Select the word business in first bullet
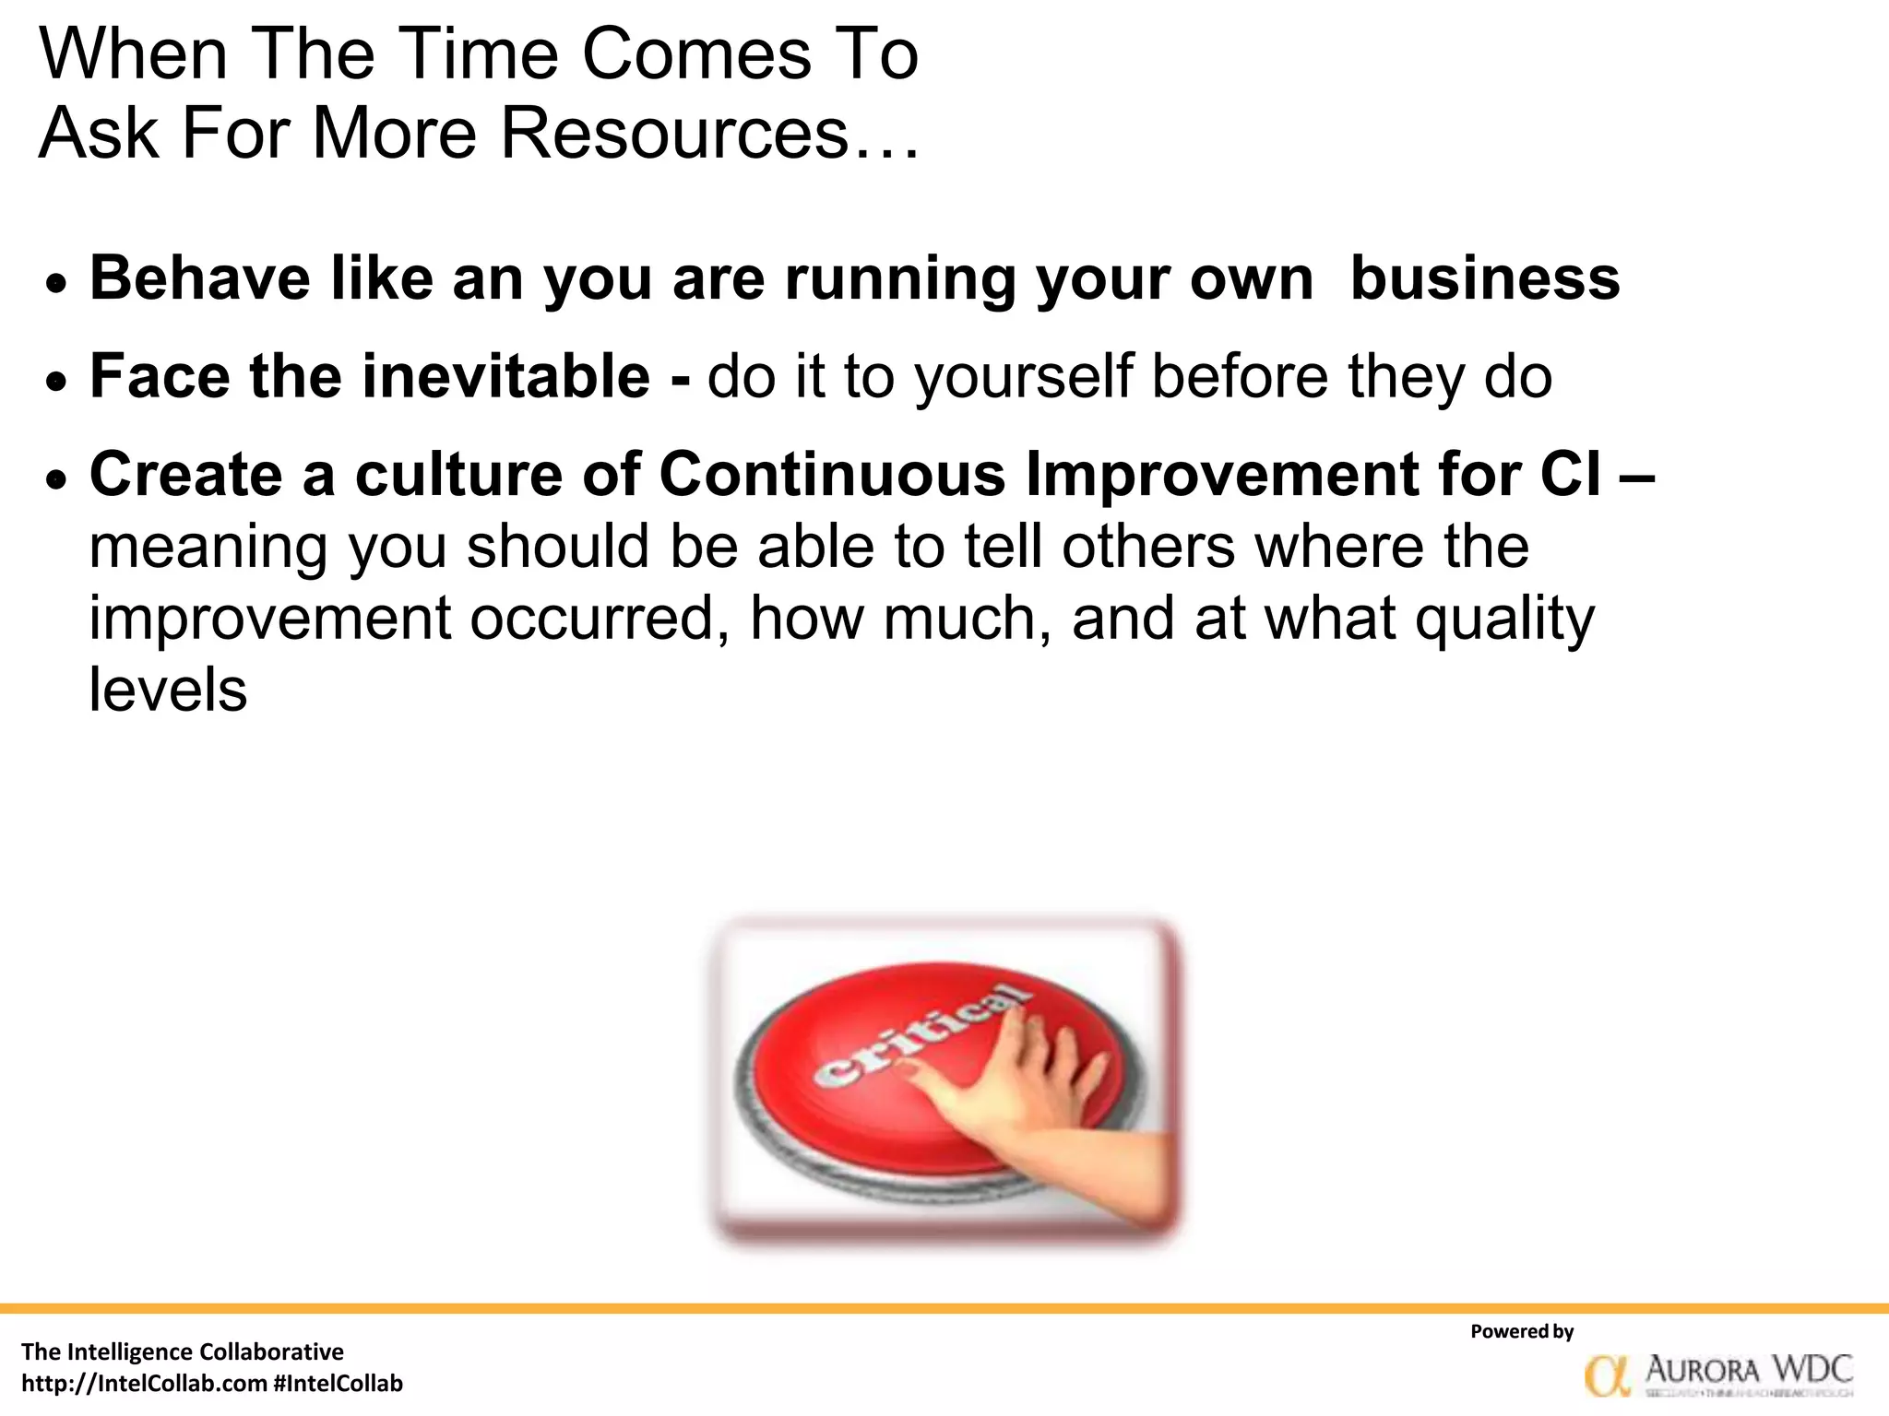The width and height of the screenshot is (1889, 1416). [x=1484, y=277]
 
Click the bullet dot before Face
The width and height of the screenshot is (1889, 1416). [x=57, y=382]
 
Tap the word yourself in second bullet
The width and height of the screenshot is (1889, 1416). [x=1023, y=378]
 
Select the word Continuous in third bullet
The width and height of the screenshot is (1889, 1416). [x=832, y=475]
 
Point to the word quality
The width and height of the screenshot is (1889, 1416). [x=1504, y=619]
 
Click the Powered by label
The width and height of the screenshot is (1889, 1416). [x=1521, y=1331]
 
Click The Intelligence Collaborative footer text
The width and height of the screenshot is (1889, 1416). [x=183, y=1351]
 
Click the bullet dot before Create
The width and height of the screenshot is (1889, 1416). [x=57, y=480]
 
